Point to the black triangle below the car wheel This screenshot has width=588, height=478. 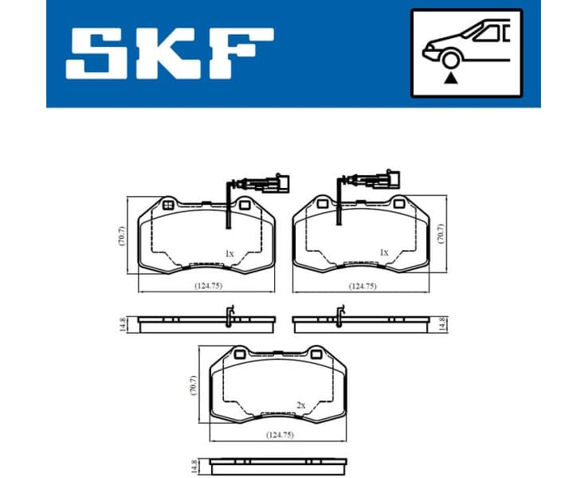[452, 78]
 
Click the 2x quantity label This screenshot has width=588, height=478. [300, 406]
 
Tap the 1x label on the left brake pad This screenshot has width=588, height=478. [229, 253]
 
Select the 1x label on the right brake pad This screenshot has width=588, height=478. [384, 253]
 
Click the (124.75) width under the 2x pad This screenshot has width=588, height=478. [278, 436]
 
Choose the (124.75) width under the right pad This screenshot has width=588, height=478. [363, 285]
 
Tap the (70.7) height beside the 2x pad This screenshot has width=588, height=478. [191, 386]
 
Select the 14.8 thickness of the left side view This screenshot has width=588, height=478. [123, 323]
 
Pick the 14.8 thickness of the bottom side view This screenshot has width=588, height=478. [192, 465]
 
